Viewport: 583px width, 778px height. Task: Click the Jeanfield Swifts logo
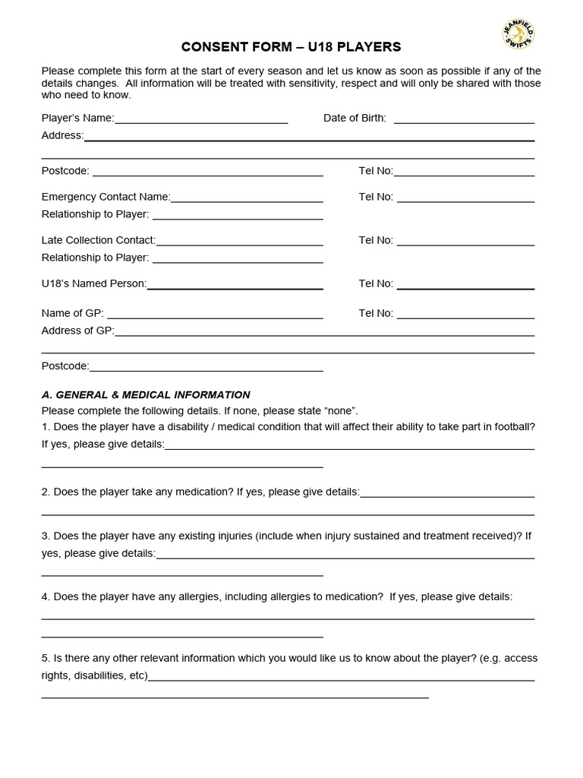tap(518, 35)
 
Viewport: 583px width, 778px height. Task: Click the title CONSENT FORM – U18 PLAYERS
tap(291, 47)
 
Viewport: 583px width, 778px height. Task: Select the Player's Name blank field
tap(201, 119)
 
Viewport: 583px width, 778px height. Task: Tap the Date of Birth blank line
tap(464, 119)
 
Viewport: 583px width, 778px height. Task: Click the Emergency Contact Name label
tap(106, 197)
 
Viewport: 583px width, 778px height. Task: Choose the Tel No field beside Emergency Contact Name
tap(465, 198)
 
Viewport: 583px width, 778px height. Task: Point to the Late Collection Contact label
tap(98, 240)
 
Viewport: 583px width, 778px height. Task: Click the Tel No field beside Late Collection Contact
tap(465, 242)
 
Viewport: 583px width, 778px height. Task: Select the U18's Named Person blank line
tap(235, 285)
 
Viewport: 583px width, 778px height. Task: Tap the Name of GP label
tap(72, 313)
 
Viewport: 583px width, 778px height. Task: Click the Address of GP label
tap(77, 330)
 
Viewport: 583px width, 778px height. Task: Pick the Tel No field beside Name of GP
tap(465, 315)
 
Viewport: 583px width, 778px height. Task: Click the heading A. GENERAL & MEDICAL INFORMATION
tap(146, 395)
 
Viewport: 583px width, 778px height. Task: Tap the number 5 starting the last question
tap(45, 658)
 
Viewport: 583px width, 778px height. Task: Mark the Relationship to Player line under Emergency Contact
tap(238, 216)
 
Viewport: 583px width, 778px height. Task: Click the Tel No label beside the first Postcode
tap(375, 171)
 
